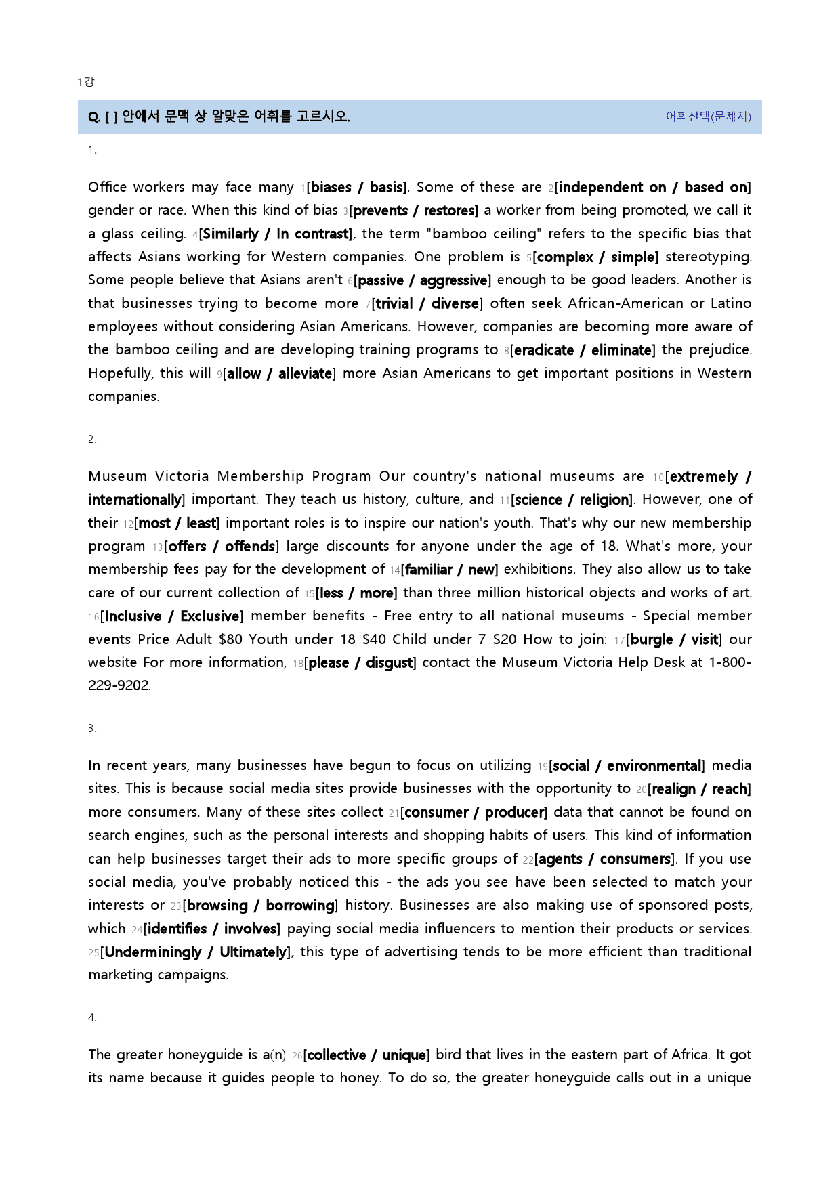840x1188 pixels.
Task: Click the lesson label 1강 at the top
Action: pos(85,82)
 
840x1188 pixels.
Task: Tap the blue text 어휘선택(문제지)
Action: pos(708,116)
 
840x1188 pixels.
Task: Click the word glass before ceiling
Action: pos(118,234)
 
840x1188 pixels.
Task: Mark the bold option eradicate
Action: pos(544,350)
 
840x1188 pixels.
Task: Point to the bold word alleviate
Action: pos(305,374)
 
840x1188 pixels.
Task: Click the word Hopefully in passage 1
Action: pos(120,373)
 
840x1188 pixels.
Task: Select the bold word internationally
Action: pos(134,500)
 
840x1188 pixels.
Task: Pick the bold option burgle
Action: pos(651,640)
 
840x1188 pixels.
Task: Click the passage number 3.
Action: pos(91,729)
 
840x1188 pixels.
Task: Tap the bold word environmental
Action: pos(654,766)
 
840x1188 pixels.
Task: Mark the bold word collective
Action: pos(337,1055)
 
